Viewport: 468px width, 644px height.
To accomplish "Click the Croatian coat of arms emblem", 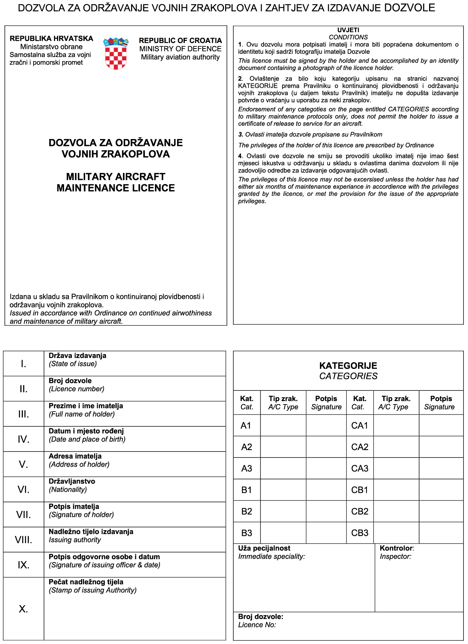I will click(x=116, y=53).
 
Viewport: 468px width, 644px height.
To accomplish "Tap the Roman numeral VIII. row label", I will click(x=23, y=540).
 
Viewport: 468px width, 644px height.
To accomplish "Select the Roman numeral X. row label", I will click(x=23, y=609).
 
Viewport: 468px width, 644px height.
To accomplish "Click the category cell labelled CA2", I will click(x=360, y=447).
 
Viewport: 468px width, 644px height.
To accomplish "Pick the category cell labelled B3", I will click(x=247, y=533).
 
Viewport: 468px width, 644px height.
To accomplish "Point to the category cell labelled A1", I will click(x=246, y=426).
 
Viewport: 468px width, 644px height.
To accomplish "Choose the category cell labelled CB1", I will click(x=360, y=490).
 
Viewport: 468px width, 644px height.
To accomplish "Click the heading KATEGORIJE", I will click(x=348, y=366).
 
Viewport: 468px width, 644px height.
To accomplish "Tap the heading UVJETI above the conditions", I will click(x=348, y=30).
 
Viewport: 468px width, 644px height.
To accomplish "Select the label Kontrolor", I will click(x=397, y=548).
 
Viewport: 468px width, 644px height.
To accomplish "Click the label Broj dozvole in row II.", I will click(x=70, y=381).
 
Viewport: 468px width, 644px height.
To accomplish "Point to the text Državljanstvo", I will click(x=72, y=481).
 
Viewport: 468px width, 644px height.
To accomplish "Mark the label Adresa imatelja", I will click(x=75, y=456).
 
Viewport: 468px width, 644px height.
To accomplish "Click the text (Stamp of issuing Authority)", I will click(x=93, y=590).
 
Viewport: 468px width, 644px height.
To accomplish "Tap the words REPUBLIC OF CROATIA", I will click(x=180, y=40).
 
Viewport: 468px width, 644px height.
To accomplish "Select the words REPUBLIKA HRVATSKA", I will click(x=51, y=39).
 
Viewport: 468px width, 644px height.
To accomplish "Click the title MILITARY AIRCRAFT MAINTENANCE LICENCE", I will click(x=116, y=182).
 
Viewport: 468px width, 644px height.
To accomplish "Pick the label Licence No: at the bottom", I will click(x=257, y=625).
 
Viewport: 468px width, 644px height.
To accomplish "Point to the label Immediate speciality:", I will click(x=271, y=557).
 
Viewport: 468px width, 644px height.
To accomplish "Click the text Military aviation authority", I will click(x=180, y=57).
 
